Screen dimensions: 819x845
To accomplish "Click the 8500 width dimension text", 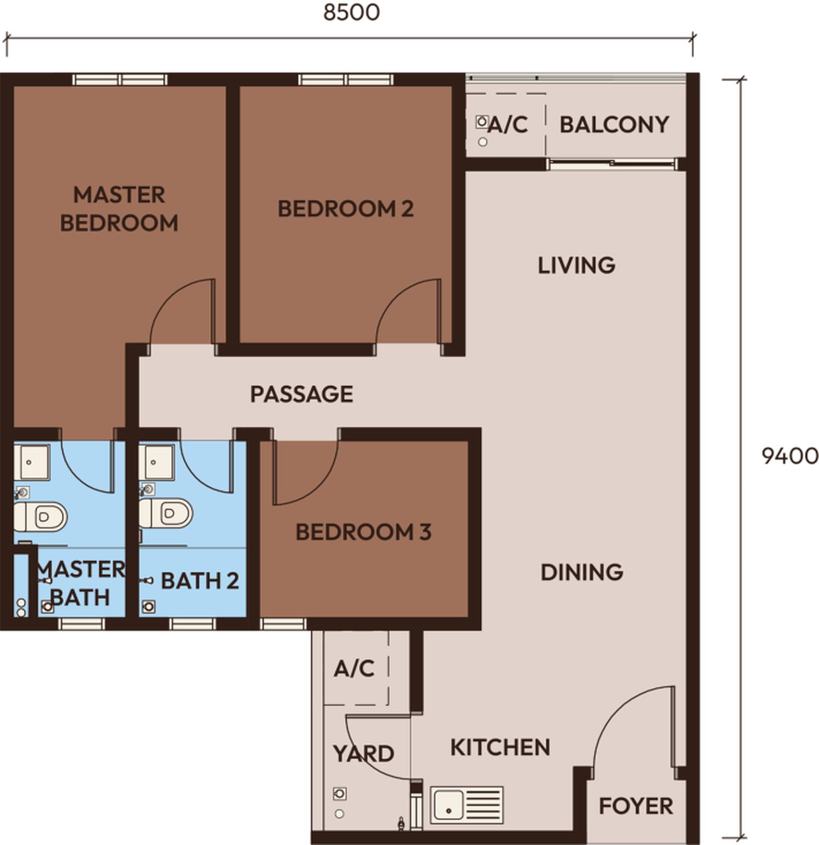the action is [352, 13].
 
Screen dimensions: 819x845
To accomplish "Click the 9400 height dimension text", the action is [790, 457].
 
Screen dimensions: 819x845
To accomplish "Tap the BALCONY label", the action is [614, 125].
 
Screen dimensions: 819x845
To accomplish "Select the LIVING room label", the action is [576, 265].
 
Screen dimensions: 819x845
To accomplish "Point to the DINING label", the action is [581, 572].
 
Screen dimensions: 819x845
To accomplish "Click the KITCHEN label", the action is [500, 747].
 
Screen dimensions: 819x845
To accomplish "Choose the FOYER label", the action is [636, 794].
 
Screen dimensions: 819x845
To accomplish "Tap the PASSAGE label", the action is [302, 394].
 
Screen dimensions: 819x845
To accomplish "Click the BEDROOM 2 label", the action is [345, 209].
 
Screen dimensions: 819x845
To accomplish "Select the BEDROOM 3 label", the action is [364, 532].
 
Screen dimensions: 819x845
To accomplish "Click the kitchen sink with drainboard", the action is [467, 805].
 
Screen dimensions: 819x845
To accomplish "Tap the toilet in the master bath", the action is [40, 517].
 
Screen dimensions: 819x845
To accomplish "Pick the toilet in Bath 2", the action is [166, 514].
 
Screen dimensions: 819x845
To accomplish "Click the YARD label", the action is [364, 753].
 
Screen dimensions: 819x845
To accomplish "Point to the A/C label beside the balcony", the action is [508, 125].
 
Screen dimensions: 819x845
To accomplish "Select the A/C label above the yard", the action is [353, 669].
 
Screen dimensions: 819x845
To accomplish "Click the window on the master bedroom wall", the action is [120, 80].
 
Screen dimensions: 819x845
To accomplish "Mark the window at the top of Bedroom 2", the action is [346, 80].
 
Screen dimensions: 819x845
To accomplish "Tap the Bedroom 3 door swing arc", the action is [320, 489].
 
